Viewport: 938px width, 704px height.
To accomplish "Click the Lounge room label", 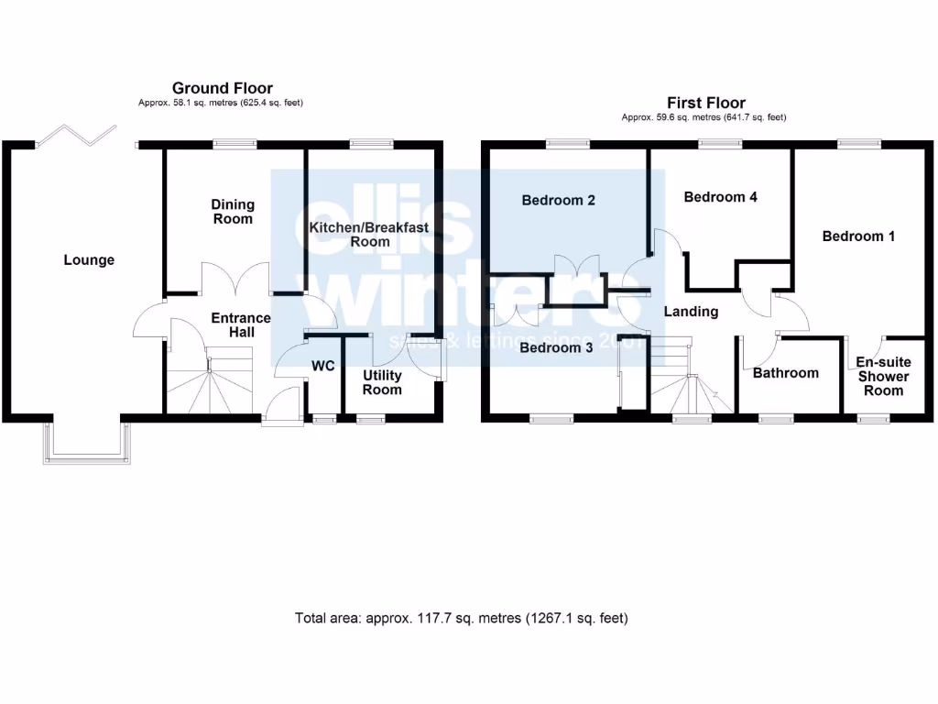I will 89,260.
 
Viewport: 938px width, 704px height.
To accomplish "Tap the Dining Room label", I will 233,212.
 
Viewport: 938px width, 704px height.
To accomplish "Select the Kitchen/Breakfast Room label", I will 369,235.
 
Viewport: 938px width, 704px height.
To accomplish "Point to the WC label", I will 322,367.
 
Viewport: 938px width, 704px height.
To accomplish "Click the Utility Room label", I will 382,382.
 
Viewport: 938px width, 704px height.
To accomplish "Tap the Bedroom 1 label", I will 858,236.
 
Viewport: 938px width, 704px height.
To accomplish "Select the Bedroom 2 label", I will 559,200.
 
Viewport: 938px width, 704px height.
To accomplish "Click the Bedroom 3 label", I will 557,348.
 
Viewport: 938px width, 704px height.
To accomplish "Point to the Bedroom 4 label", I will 720,197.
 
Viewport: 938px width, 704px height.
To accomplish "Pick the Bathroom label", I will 786,373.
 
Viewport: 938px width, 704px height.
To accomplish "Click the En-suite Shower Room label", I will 884,376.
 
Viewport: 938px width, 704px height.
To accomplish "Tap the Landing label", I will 691,312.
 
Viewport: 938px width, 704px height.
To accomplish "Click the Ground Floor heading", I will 223,88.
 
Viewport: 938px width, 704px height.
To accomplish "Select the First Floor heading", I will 706,103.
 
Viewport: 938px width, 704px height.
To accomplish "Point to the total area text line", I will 462,618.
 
